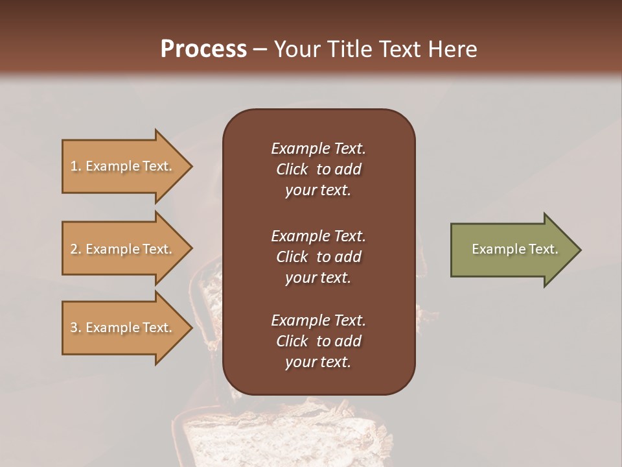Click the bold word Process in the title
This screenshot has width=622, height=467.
click(x=203, y=49)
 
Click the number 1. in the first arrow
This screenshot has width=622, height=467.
click(x=75, y=166)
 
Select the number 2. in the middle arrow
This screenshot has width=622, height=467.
click(x=75, y=249)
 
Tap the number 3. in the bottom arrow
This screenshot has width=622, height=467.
click(x=75, y=328)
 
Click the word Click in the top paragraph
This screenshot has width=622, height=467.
click(x=292, y=170)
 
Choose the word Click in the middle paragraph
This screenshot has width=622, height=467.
click(x=292, y=257)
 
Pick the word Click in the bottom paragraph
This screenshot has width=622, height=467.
click(x=292, y=341)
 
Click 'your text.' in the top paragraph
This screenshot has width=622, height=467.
click(x=318, y=191)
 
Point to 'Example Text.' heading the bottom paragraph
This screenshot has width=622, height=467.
click(x=318, y=320)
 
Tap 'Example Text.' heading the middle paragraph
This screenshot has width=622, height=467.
click(x=318, y=236)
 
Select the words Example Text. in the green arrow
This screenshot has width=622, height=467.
click(x=514, y=249)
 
